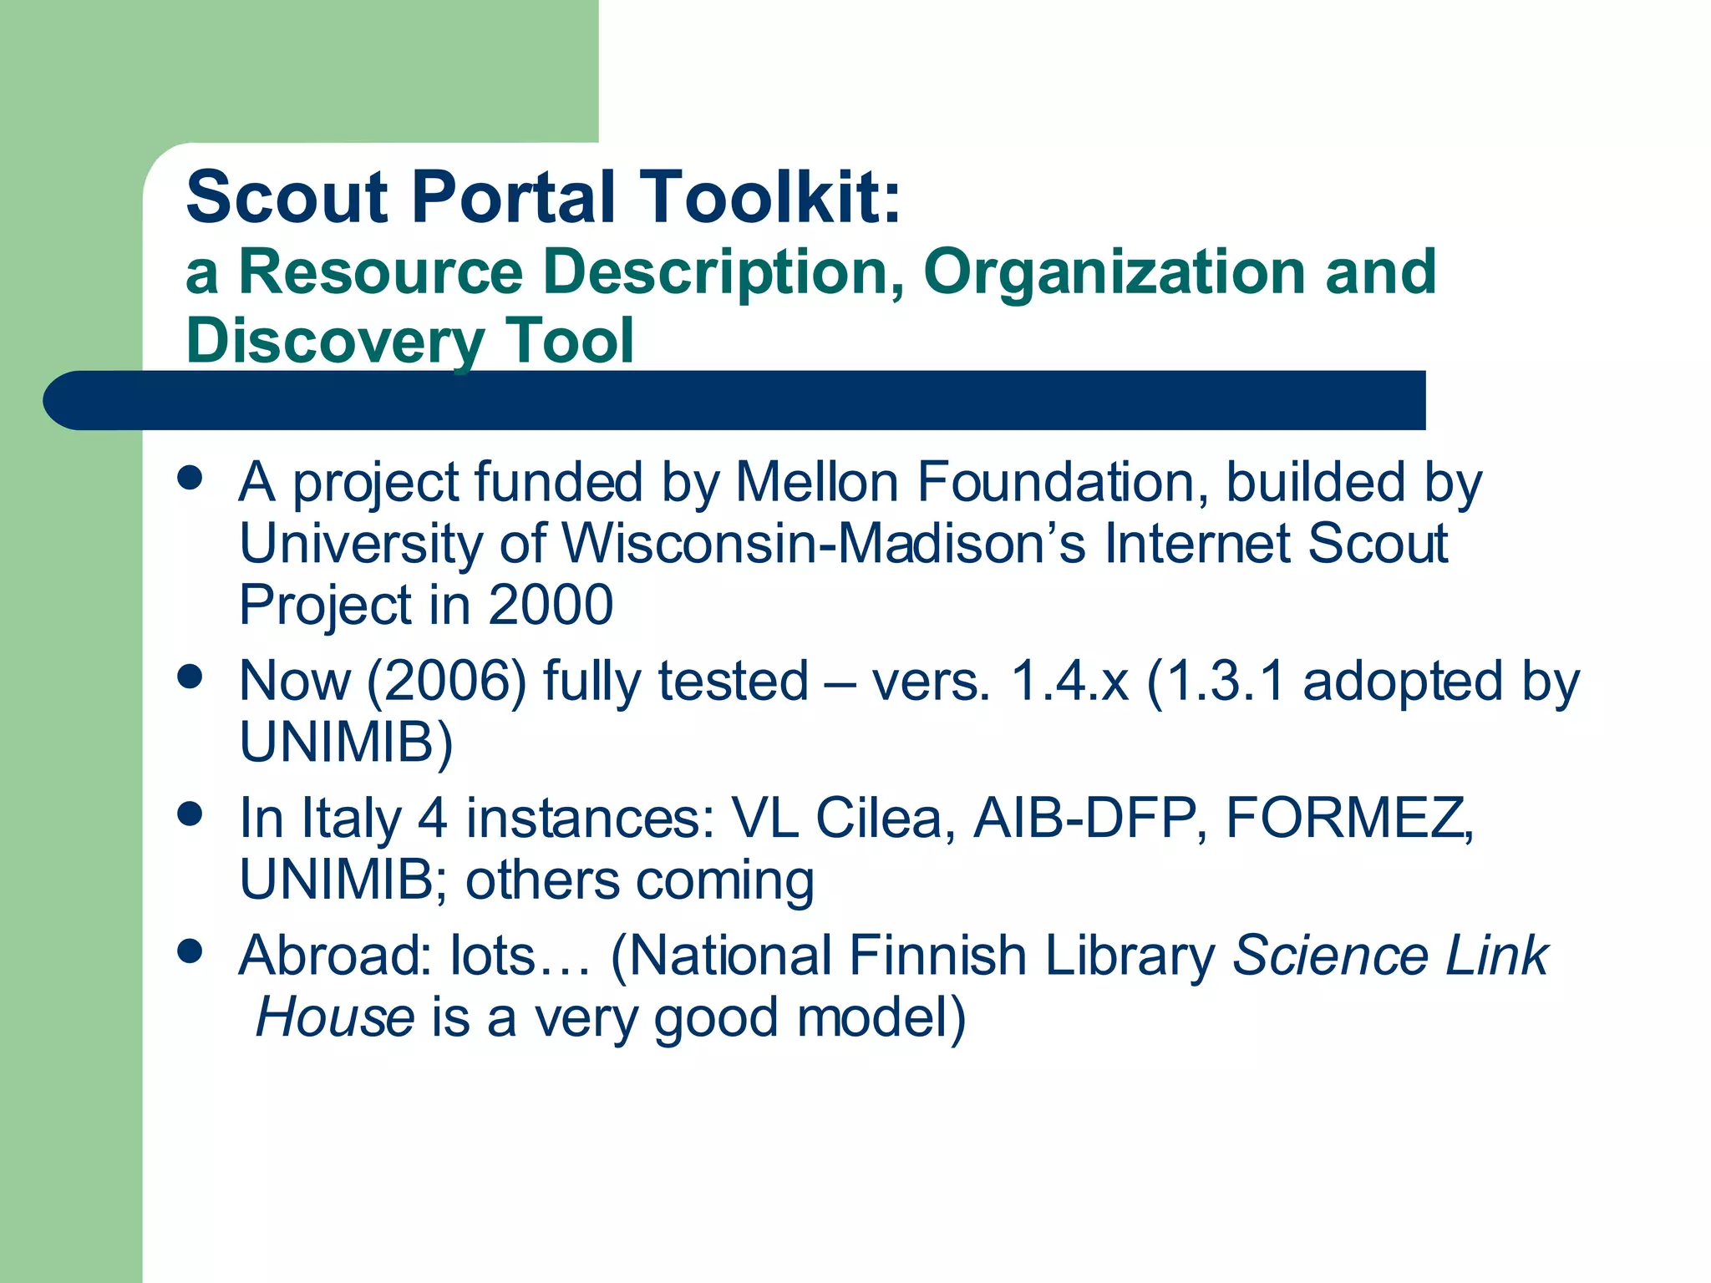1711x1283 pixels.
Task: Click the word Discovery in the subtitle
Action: pyautogui.click(x=335, y=341)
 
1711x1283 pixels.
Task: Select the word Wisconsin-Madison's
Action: pyautogui.click(x=823, y=544)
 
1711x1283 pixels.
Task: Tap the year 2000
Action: pyautogui.click(x=551, y=605)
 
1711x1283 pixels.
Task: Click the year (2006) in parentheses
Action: pyautogui.click(x=446, y=681)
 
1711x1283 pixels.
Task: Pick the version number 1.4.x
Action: pyautogui.click(x=1069, y=681)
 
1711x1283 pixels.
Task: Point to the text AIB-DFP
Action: pyautogui.click(x=1090, y=818)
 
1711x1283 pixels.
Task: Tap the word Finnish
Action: pyautogui.click(x=937, y=956)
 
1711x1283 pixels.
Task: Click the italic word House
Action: pyautogui.click(x=335, y=1017)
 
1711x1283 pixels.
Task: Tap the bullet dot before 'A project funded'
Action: pyautogui.click(x=190, y=478)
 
